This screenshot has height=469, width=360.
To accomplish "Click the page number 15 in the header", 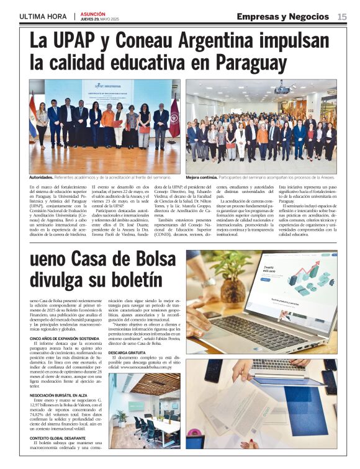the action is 342,16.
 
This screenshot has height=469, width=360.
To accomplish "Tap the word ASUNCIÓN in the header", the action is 93,13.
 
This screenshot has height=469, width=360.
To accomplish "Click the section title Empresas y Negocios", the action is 282,16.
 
